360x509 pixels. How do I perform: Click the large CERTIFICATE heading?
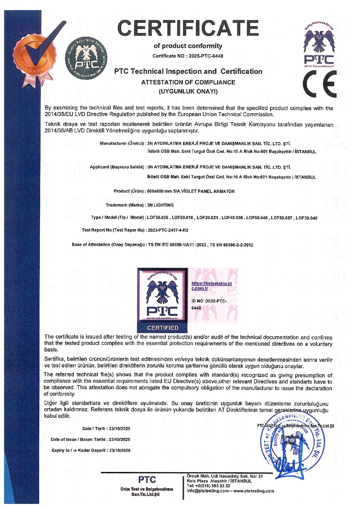188,28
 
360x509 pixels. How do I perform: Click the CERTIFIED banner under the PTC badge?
163,328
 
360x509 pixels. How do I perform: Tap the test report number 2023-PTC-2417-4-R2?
168,230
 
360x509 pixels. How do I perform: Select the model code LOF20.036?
158,218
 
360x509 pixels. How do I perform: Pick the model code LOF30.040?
306,218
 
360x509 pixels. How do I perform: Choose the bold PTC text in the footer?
147,480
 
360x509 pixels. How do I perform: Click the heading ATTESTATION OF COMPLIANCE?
188,82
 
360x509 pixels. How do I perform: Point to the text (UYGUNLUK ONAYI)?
188,91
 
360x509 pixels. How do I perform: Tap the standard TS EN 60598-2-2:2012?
231,245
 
